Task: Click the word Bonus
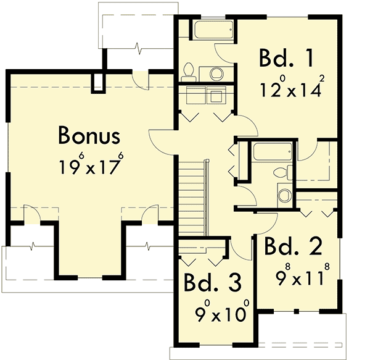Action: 89,135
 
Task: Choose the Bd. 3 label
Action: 213,283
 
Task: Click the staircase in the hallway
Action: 193,198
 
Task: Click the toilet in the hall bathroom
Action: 282,172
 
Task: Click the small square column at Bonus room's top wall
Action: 97,83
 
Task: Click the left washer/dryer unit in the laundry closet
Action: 195,96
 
